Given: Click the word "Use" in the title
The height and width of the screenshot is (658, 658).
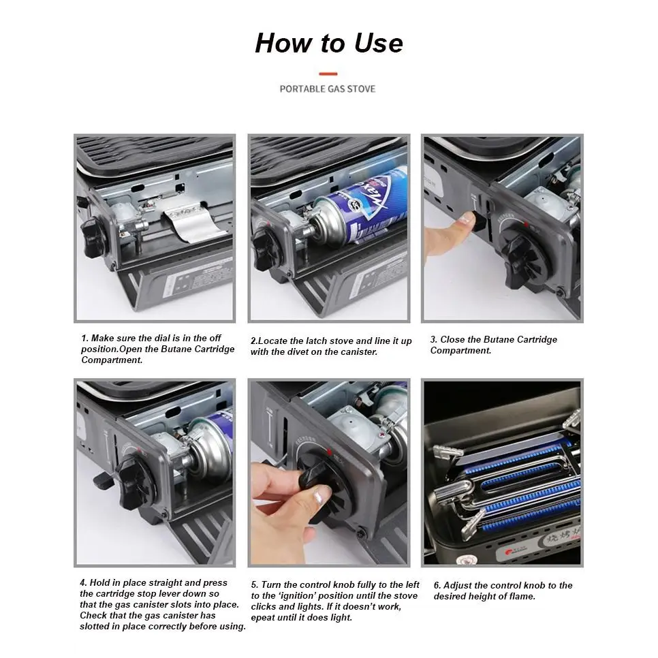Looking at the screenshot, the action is pos(378,43).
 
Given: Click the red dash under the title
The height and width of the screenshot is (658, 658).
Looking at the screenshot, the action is pos(328,74).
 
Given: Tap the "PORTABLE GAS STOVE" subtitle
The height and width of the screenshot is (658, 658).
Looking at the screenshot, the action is pos(328,89).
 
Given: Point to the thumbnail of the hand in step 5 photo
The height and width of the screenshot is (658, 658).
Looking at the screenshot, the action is pos(322,498).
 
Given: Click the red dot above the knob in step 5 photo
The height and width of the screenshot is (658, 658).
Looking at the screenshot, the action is pos(329,452).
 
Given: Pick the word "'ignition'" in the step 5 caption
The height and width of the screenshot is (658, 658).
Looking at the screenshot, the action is pos(297,596).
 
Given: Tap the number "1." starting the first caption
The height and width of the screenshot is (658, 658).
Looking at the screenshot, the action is pos(84,339).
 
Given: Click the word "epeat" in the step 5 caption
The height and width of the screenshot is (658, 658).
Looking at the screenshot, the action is pos(262,618).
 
